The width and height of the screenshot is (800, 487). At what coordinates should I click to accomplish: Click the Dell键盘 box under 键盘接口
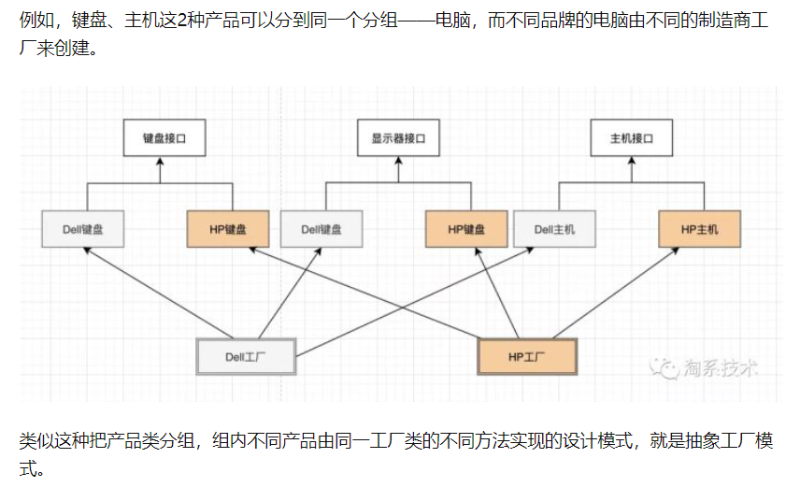pyautogui.click(x=82, y=229)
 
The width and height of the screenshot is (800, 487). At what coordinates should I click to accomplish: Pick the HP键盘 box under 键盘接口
pyautogui.click(x=228, y=229)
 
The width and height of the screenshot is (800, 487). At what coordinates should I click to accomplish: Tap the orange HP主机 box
pyautogui.click(x=697, y=229)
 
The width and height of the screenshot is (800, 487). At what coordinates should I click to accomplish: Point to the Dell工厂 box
pyautogui.click(x=247, y=356)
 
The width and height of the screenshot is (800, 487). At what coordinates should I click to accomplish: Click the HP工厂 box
pyautogui.click(x=527, y=356)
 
